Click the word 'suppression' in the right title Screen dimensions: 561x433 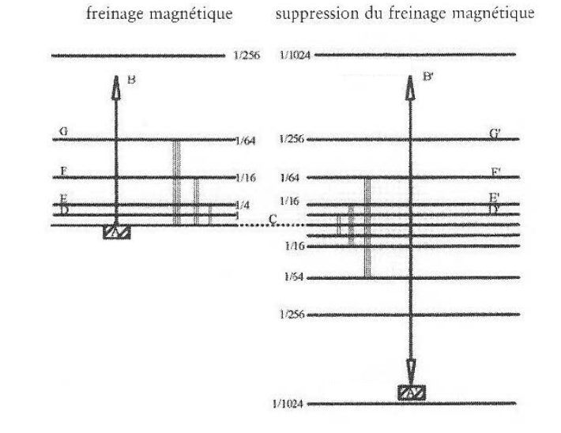click(x=311, y=13)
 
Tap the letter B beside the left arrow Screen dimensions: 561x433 click(x=131, y=78)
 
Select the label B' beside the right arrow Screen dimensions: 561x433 click(x=427, y=77)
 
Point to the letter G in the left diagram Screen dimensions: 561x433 click(x=62, y=130)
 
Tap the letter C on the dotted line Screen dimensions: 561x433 click(x=273, y=218)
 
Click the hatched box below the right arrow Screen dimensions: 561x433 click(x=412, y=391)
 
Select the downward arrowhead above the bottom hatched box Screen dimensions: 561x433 click(x=412, y=369)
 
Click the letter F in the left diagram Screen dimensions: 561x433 click(x=62, y=171)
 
